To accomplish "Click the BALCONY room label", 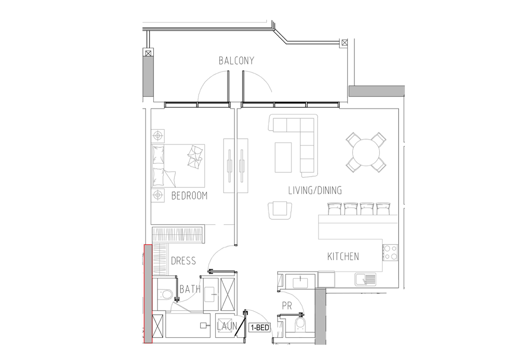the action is point(236,61).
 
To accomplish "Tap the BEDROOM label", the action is point(189,196).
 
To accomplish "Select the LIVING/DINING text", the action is point(315,191).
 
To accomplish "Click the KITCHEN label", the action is point(343,256).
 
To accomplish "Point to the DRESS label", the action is point(183,261).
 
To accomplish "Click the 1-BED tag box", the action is point(260,327).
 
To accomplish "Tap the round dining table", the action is point(366,152).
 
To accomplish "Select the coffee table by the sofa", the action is point(283,157).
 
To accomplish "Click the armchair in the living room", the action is point(280,210).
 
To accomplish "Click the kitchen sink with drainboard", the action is point(365,280).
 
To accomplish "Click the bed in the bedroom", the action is point(178,166).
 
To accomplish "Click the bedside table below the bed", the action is point(158,195).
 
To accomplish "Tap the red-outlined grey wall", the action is point(148,294).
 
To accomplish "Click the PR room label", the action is point(287,306).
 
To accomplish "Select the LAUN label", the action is point(227,326).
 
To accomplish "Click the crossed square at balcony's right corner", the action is point(344,43).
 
